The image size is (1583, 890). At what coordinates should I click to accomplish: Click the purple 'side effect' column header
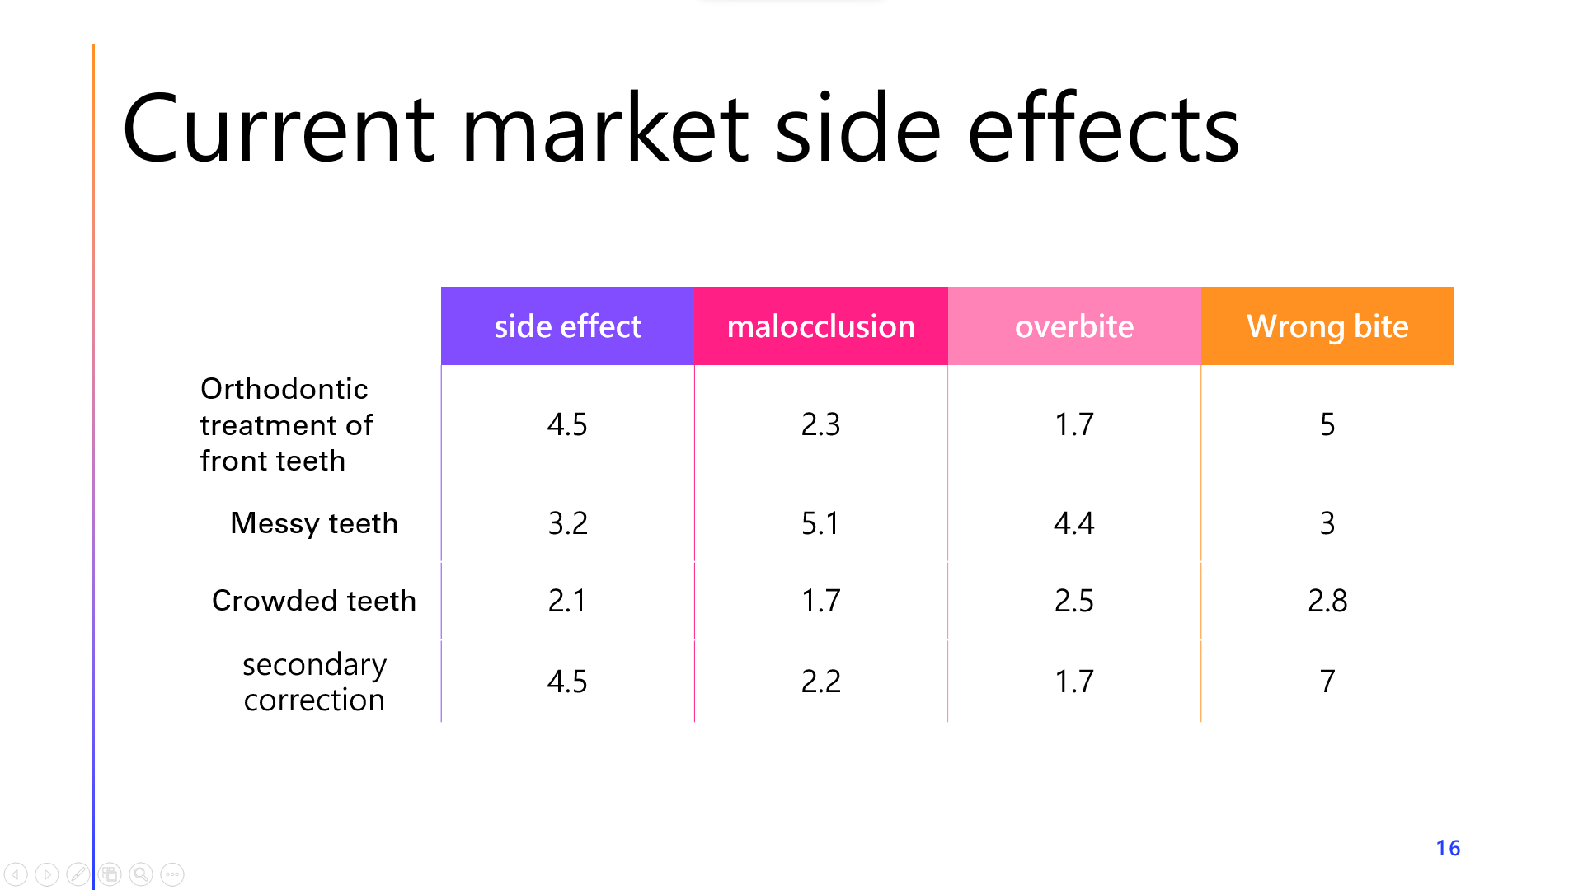tap(567, 326)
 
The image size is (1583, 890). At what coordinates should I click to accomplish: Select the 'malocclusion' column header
tap(821, 326)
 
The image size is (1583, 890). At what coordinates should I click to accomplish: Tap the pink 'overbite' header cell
tap(1074, 326)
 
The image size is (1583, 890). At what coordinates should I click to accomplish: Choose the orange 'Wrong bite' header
tap(1327, 326)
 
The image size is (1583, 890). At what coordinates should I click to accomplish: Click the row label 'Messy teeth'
tap(314, 523)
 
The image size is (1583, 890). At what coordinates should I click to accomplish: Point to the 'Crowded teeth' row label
tap(314, 601)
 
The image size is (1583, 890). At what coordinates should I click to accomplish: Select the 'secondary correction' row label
tap(314, 682)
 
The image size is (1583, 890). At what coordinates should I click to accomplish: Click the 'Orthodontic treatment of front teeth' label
tap(286, 424)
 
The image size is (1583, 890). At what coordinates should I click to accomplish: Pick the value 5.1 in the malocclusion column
tap(820, 523)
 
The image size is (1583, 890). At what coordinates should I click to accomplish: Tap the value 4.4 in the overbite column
tap(1074, 523)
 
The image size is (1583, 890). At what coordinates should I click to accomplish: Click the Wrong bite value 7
tap(1327, 682)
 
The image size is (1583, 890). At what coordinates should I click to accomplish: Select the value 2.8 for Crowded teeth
tap(1327, 601)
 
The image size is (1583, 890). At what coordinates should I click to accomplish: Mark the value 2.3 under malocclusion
tap(820, 424)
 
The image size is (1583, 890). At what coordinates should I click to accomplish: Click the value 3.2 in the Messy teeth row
tap(567, 523)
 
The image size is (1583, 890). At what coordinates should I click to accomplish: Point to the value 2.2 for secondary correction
tap(820, 682)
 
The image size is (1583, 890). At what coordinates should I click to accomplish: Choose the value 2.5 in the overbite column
tap(1074, 601)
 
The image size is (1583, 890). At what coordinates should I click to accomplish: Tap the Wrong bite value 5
tap(1327, 424)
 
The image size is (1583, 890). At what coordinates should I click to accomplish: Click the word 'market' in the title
tap(605, 129)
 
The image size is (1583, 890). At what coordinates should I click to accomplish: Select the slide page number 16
tap(1448, 848)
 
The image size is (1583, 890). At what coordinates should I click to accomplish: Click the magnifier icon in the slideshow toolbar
tap(141, 874)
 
